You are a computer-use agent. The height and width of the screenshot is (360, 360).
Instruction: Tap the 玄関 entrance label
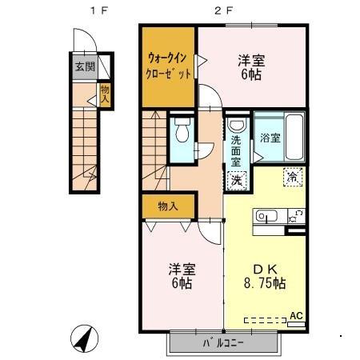[83, 66]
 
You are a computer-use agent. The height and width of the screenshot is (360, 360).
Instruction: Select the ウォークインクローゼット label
[170, 66]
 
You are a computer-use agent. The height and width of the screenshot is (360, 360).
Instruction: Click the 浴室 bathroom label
[270, 138]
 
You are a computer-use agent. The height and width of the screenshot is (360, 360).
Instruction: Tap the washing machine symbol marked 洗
[237, 181]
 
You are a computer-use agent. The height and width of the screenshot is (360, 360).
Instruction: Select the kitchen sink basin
[266, 215]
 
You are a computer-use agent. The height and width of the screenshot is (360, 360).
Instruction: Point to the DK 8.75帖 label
[264, 276]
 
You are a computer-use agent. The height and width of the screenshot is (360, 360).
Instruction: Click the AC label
[296, 315]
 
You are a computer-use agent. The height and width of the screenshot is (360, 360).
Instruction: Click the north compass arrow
[82, 338]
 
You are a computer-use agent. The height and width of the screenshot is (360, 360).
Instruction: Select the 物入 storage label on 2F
[168, 206]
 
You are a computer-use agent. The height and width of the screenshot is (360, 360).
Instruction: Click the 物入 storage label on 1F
[105, 95]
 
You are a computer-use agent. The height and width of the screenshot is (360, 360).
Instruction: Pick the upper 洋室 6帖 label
[252, 67]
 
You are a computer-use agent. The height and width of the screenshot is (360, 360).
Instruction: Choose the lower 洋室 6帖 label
[180, 275]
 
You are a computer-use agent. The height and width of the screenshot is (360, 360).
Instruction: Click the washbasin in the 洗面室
[237, 126]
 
